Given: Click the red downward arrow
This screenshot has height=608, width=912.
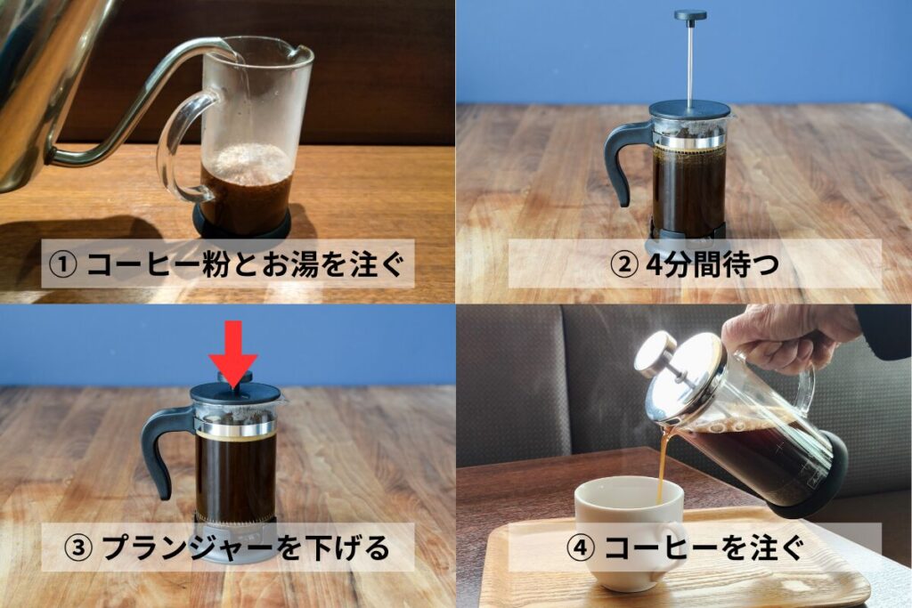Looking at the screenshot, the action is point(233,353).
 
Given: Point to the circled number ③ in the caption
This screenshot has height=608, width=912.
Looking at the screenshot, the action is point(77,547).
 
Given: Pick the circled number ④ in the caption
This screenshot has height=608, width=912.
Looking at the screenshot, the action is point(581,547).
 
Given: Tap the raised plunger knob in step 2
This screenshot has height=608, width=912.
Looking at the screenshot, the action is point(690,16).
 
